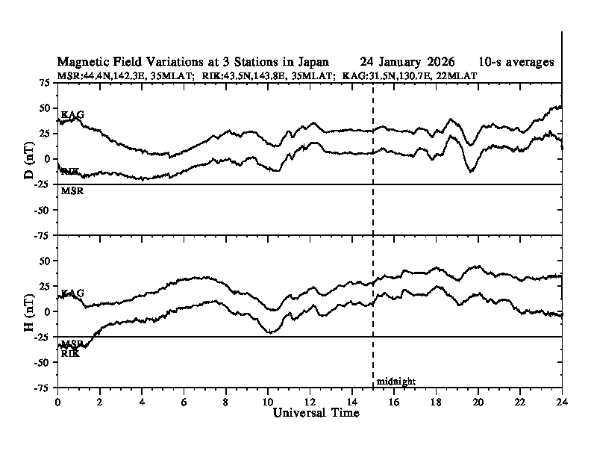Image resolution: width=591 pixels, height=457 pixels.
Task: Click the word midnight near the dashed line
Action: pyautogui.click(x=395, y=382)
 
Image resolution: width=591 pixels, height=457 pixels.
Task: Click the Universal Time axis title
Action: pyautogui.click(x=316, y=413)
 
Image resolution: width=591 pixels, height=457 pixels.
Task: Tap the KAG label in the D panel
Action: pyautogui.click(x=72, y=114)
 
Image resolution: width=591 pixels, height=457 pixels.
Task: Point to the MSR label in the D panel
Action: pyautogui.click(x=71, y=191)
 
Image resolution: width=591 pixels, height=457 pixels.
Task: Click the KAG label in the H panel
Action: pyautogui.click(x=72, y=293)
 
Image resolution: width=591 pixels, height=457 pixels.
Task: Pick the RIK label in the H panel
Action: pyautogui.click(x=70, y=353)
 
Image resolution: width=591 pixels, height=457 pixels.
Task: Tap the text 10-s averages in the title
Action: pyautogui.click(x=518, y=61)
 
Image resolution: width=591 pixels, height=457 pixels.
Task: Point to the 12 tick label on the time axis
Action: pyautogui.click(x=310, y=401)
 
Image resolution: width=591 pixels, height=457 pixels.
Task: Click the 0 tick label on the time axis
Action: pyautogui.click(x=58, y=401)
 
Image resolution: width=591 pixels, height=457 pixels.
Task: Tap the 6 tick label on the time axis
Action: pyautogui.click(x=184, y=401)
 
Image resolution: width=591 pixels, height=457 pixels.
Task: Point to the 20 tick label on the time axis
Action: pyautogui.click(x=478, y=401)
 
